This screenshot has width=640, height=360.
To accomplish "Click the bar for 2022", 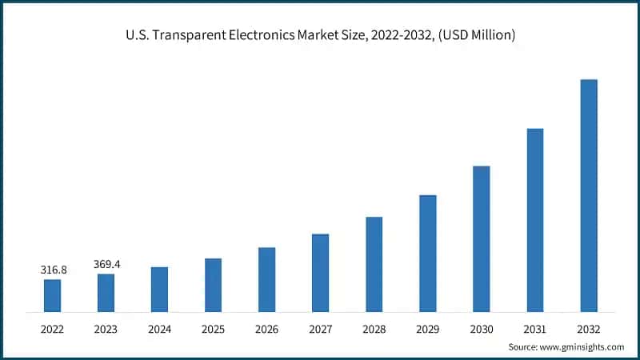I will tap(52, 295).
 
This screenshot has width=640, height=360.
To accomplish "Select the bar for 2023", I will tap(106, 292).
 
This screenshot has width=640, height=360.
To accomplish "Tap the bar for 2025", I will tap(213, 285).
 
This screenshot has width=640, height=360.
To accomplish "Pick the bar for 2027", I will tap(320, 272).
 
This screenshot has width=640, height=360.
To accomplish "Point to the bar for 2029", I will tap(427, 253).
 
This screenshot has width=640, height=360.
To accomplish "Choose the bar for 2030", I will tap(481, 238).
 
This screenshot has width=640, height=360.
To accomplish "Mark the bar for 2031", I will tap(535, 220).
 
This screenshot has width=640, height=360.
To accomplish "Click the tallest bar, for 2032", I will tap(589, 195).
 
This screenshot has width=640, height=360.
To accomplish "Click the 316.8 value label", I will tap(54, 270).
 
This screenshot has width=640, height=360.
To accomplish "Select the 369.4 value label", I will tap(106, 264).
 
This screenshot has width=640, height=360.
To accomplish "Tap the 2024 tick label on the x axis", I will tap(159, 328).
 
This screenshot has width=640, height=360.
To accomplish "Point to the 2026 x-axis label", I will tap(266, 328).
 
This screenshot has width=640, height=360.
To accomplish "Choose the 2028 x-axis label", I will tap(374, 328).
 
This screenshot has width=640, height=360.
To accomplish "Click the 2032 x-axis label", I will tap(589, 328).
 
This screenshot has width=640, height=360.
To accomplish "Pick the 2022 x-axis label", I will tap(52, 328).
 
